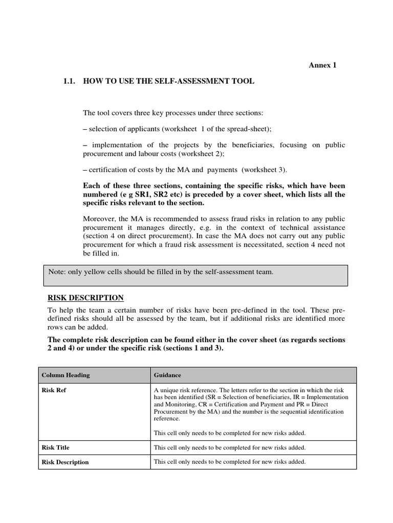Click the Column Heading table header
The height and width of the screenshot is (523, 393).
(65, 375)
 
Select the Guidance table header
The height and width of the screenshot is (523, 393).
(167, 375)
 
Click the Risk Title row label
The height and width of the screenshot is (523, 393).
(55, 447)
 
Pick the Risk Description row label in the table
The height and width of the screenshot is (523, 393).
(65, 462)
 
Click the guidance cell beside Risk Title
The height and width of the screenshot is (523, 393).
(230, 447)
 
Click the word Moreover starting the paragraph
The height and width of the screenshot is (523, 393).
(98, 219)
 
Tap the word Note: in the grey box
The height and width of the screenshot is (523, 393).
(57, 272)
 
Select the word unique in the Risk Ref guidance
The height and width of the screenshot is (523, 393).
(168, 389)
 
